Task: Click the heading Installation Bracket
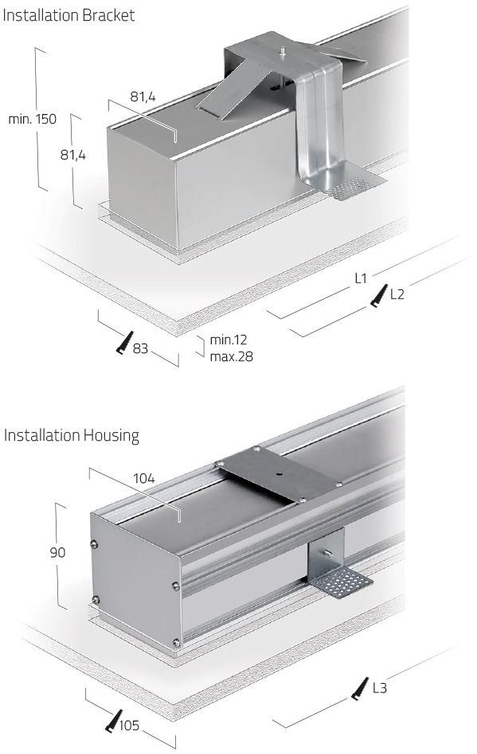click(x=68, y=15)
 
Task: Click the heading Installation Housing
click(x=72, y=436)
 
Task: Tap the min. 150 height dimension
click(x=32, y=119)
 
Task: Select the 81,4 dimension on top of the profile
click(x=143, y=96)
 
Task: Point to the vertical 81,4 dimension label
click(x=73, y=155)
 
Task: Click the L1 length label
click(x=361, y=278)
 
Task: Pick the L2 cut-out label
click(x=397, y=294)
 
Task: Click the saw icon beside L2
click(x=379, y=295)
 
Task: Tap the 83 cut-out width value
click(x=140, y=348)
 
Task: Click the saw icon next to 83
click(x=124, y=343)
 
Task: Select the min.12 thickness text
click(x=229, y=340)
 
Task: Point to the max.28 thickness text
click(x=231, y=357)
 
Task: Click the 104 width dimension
click(x=144, y=478)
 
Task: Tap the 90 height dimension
click(x=57, y=552)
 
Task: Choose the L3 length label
click(x=380, y=688)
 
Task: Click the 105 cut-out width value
click(x=129, y=725)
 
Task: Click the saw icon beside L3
click(x=360, y=689)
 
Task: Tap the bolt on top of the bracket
click(x=283, y=50)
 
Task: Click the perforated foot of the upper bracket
click(x=350, y=182)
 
